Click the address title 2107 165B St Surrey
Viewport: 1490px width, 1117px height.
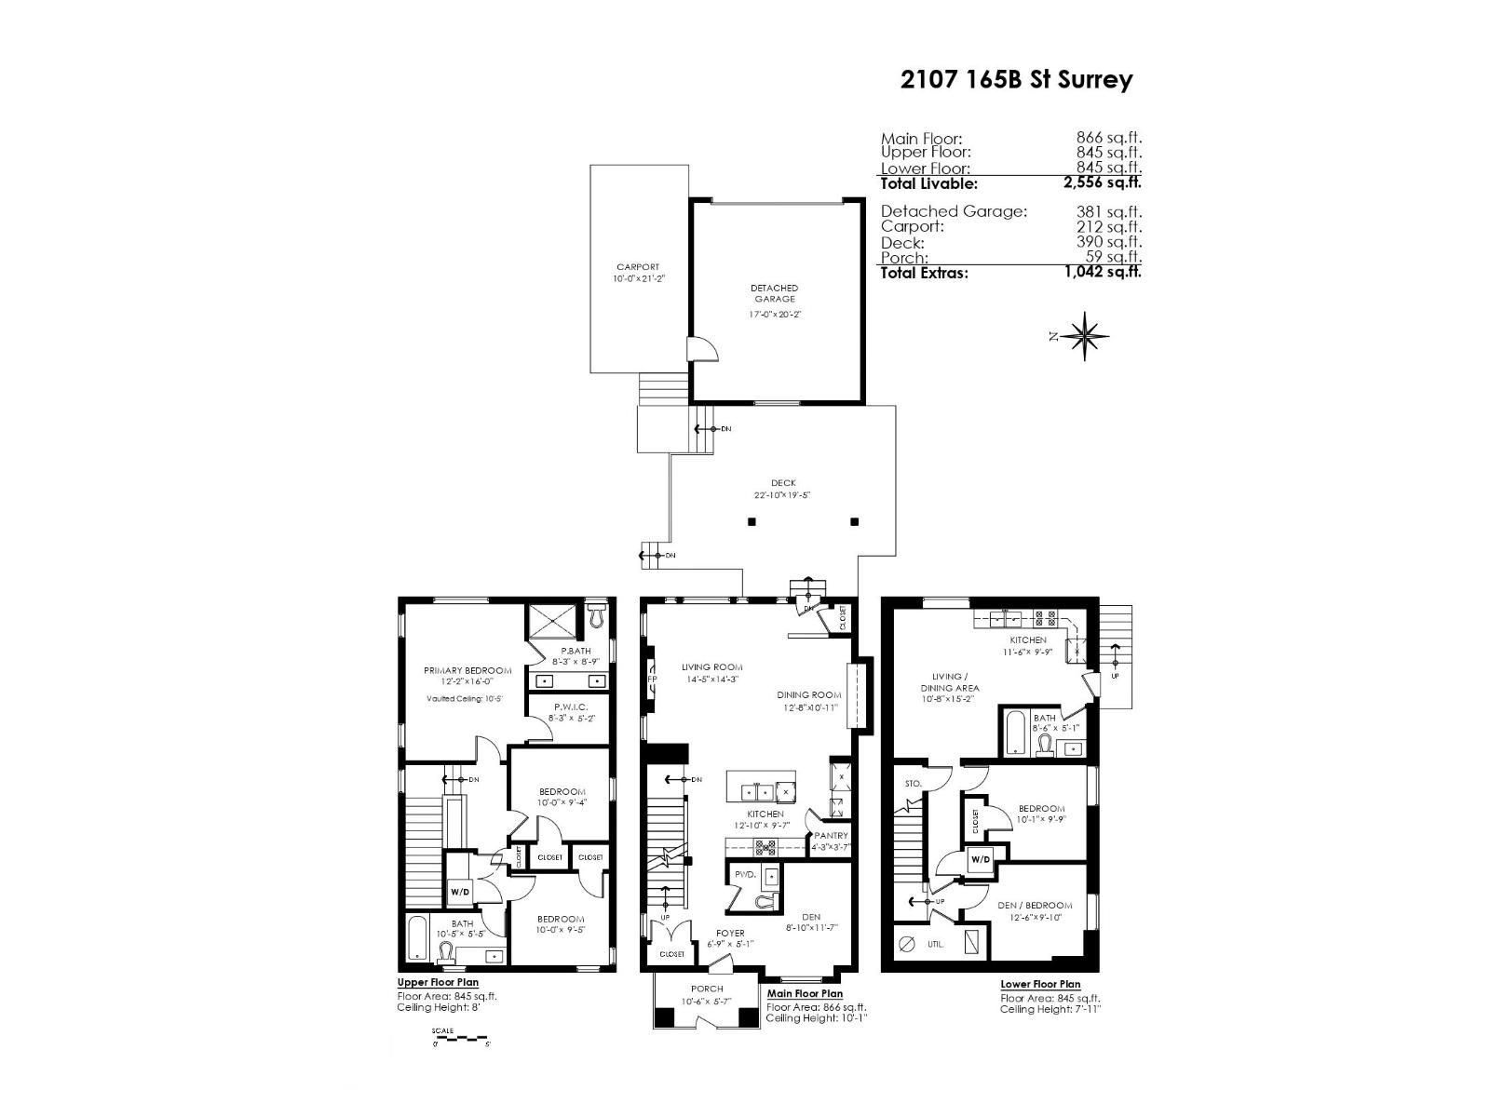(x=1016, y=80)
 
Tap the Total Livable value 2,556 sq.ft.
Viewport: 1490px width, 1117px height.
(x=1103, y=183)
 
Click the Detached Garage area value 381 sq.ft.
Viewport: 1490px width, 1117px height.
(x=1109, y=212)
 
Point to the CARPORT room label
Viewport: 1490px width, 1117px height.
(x=638, y=267)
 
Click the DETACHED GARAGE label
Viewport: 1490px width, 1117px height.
(x=775, y=294)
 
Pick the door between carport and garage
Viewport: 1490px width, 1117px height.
(x=701, y=349)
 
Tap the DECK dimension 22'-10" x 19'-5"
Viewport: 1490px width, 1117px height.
(x=783, y=495)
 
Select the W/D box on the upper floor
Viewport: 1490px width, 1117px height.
(x=460, y=892)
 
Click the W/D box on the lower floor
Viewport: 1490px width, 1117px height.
(x=981, y=859)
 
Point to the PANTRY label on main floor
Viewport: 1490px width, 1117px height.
(x=831, y=836)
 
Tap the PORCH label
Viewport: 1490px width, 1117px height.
(x=707, y=989)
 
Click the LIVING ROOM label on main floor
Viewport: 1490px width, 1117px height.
(x=711, y=667)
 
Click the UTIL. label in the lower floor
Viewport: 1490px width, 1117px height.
(x=936, y=944)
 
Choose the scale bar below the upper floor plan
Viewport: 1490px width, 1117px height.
(x=460, y=1037)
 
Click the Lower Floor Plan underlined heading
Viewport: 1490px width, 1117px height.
(x=1040, y=984)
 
